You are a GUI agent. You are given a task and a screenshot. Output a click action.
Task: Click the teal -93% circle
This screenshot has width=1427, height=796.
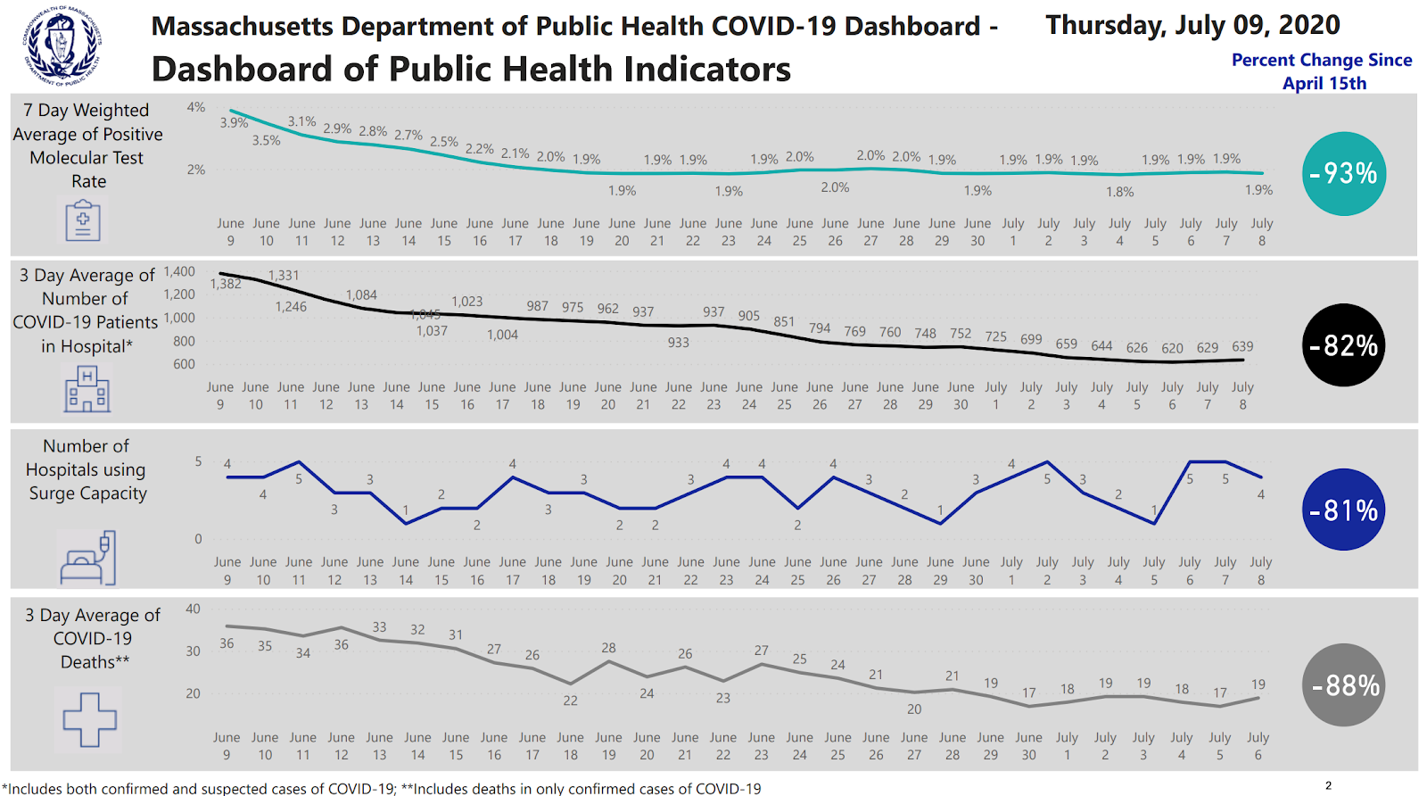[x=1343, y=174]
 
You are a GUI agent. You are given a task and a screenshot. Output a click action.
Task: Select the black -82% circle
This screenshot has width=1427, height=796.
[x=1343, y=345]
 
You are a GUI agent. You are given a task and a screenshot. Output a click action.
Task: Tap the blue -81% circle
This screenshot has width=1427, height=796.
[x=1343, y=510]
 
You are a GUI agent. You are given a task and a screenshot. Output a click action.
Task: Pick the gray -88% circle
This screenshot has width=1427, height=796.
[x=1343, y=684]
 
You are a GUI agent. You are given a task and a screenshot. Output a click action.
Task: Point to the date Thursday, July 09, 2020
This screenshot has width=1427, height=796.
[x=1192, y=25]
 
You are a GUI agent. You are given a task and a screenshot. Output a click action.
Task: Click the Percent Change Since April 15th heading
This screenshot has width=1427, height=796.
[x=1322, y=71]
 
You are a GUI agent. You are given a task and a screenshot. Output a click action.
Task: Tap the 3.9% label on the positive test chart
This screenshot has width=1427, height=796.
[x=234, y=123]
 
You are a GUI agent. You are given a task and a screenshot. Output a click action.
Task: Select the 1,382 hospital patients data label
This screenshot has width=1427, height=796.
[x=226, y=284]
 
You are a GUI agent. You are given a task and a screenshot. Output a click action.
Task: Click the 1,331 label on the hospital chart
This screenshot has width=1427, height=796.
[x=284, y=276]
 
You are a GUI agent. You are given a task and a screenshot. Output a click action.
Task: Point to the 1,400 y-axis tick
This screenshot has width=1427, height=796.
[x=179, y=271]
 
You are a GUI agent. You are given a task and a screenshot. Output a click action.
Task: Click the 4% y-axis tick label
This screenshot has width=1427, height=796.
[x=196, y=107]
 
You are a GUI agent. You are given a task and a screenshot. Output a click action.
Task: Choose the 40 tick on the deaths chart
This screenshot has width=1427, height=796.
[x=193, y=609]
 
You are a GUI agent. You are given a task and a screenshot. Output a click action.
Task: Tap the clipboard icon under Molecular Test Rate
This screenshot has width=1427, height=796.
[x=83, y=220]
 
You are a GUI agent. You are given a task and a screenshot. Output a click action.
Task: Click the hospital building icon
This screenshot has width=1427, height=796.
[x=87, y=390]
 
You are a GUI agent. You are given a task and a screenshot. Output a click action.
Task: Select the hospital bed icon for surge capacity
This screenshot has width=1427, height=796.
[x=87, y=559]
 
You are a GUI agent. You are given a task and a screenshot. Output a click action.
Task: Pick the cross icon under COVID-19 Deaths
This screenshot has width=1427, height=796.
[x=89, y=719]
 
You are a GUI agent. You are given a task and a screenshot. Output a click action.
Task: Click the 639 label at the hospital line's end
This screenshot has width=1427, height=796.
[x=1242, y=346]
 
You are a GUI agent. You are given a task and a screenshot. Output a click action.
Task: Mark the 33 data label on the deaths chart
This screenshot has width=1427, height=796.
[x=379, y=627]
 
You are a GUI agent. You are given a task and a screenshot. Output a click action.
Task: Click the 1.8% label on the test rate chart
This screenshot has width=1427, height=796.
[x=1120, y=192]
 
